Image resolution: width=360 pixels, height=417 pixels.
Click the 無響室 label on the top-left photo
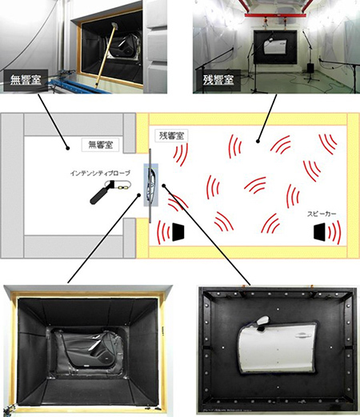[26, 80]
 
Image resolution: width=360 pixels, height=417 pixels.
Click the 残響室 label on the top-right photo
[218, 80]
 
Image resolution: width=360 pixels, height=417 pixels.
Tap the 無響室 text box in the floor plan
[100, 145]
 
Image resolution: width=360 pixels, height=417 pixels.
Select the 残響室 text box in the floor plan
[171, 136]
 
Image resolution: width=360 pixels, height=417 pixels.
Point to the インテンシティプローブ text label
[100, 173]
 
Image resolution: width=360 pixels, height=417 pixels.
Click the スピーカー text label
[322, 214]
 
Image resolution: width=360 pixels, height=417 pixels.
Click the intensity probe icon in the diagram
[110, 190]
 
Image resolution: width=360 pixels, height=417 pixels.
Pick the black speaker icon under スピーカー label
[320, 232]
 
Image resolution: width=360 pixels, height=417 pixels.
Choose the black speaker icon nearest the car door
[178, 232]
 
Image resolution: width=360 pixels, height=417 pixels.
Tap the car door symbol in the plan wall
[151, 185]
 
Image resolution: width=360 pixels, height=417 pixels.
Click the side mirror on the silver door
[262, 321]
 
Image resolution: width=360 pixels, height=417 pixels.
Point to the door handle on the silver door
[303, 335]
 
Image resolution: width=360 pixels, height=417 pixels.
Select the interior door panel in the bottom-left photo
[88, 350]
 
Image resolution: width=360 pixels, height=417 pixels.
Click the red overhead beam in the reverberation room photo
[276, 15]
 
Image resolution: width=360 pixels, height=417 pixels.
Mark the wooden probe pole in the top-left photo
[106, 55]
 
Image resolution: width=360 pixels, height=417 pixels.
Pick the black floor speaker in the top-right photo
[310, 68]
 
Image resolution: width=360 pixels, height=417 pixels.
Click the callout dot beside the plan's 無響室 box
[68, 148]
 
